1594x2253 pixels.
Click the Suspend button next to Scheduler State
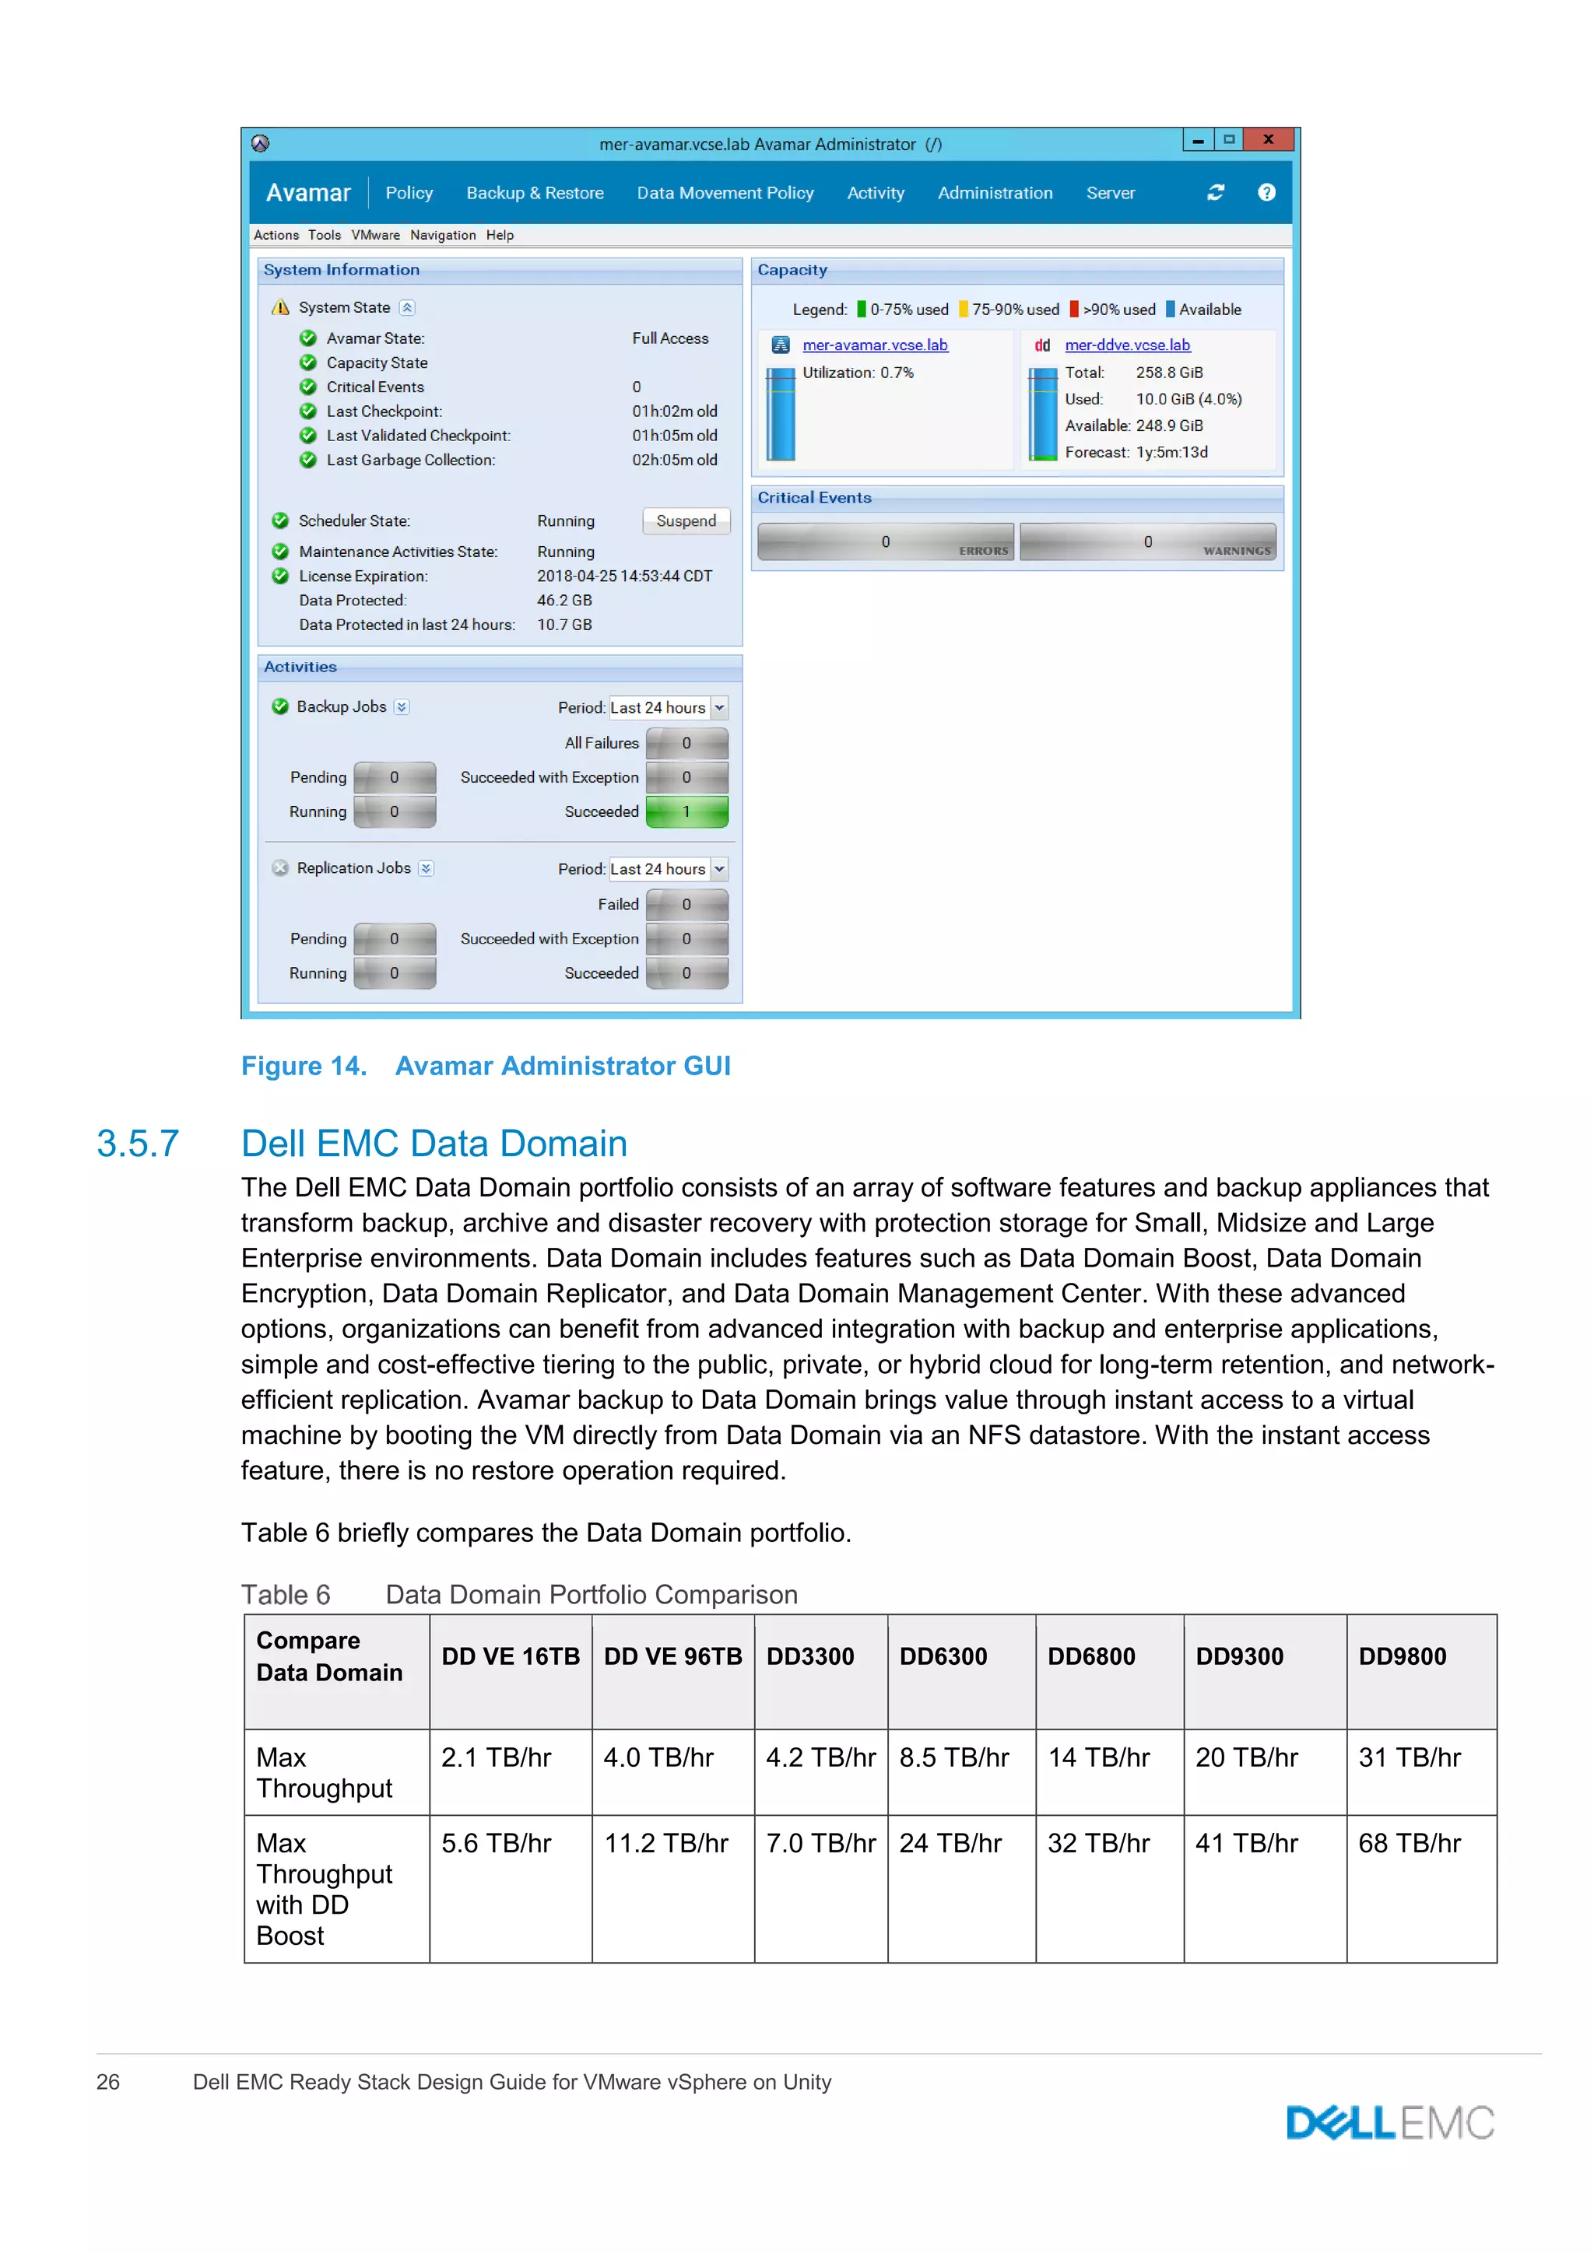tap(686, 521)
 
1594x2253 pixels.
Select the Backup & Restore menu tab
tap(535, 193)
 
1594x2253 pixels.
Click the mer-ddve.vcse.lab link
tap(1127, 345)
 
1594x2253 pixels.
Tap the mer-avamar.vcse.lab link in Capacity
tap(875, 345)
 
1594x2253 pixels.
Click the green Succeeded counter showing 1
tap(687, 811)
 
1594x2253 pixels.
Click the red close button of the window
tap(1268, 139)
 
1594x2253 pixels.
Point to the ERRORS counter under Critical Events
tap(885, 541)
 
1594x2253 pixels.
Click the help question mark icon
tap(1266, 192)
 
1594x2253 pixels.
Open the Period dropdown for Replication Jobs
tap(719, 870)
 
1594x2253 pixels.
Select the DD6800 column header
tap(1090, 1656)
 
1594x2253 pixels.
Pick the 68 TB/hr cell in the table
tap(1409, 1843)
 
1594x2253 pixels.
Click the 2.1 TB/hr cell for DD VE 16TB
tap(496, 1757)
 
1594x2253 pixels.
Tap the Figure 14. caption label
tap(304, 1066)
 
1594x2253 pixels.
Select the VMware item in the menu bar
tap(375, 236)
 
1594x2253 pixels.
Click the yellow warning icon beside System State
tap(281, 307)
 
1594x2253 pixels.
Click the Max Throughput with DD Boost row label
tap(324, 1889)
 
